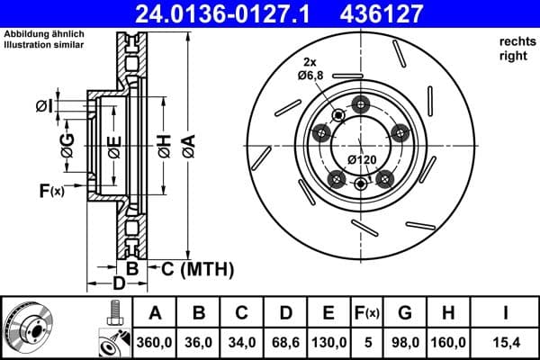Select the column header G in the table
point(405,312)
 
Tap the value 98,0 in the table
point(405,343)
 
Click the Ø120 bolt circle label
point(363,161)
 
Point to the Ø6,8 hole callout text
point(311,75)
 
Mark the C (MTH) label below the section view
point(191,267)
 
